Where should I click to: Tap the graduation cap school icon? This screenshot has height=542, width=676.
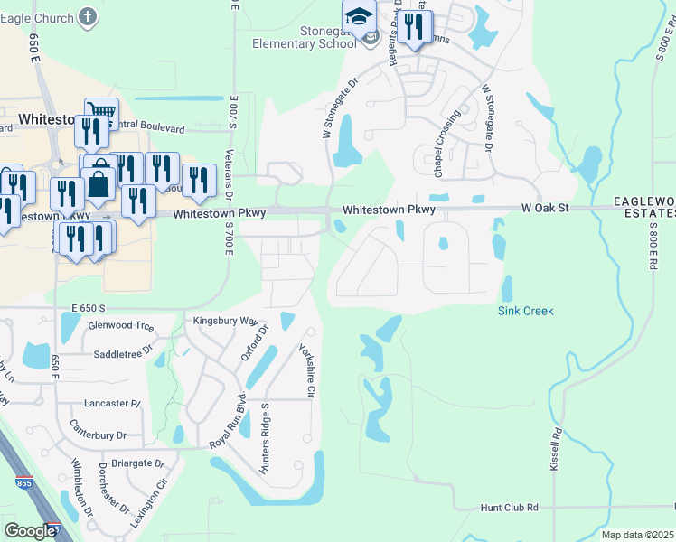tap(359, 17)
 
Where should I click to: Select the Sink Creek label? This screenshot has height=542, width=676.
tap(525, 311)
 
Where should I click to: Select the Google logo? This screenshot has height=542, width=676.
tap(30, 531)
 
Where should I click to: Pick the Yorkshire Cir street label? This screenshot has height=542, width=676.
tap(305, 370)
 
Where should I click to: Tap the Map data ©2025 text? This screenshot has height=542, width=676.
tap(637, 535)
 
